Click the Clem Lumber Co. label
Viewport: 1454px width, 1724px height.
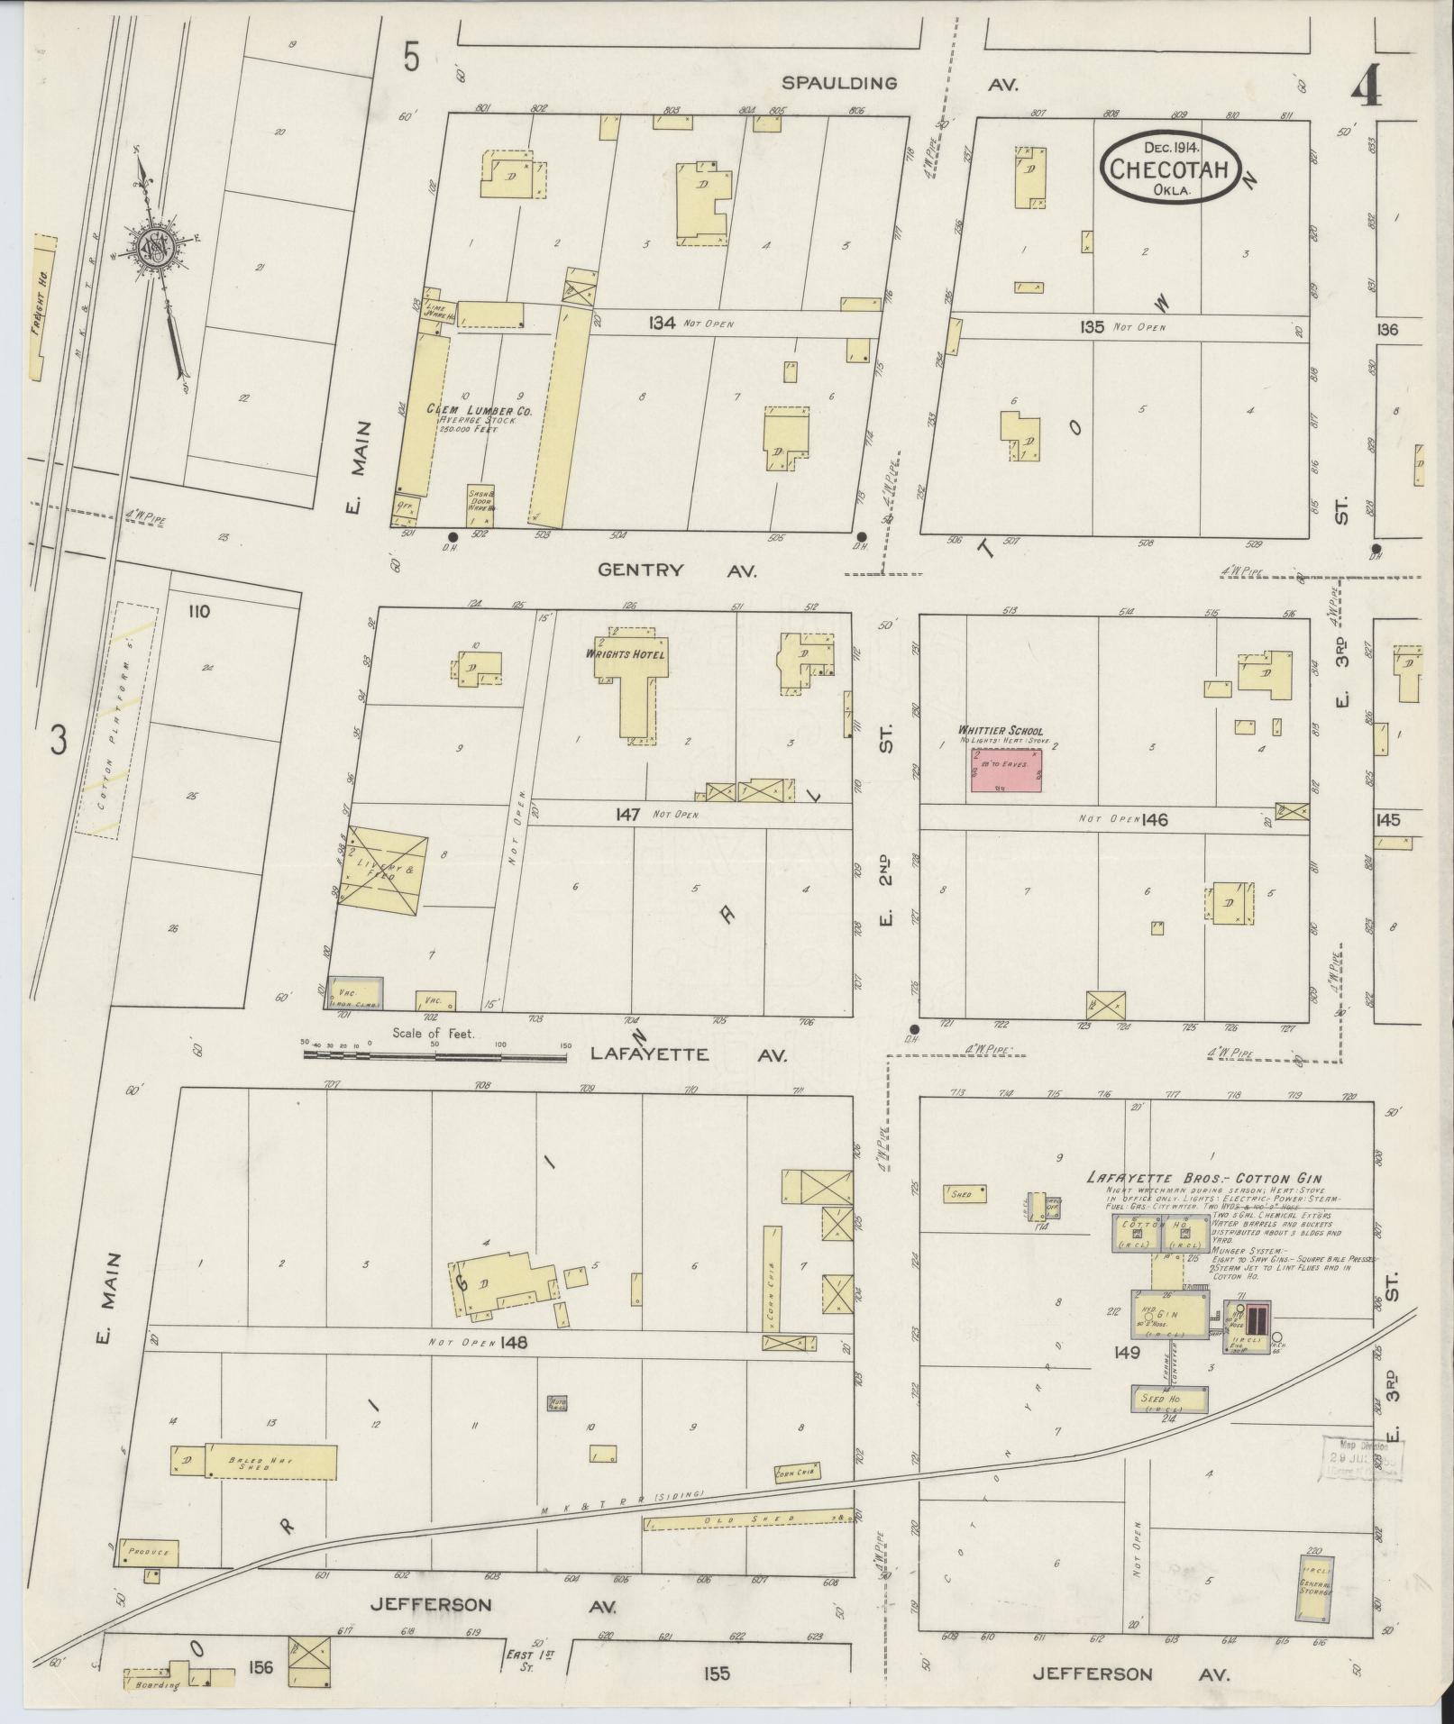(x=479, y=410)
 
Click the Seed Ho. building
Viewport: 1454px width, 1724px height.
(x=1170, y=1399)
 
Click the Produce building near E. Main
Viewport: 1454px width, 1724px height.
(x=148, y=1553)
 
